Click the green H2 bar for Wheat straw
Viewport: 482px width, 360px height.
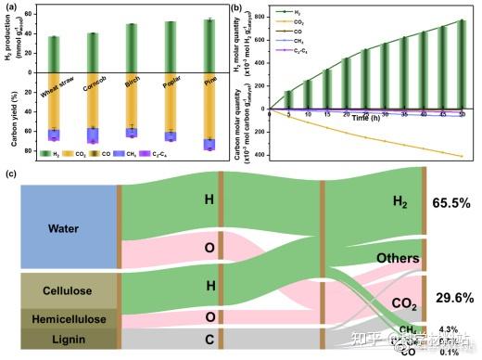click(x=53, y=51)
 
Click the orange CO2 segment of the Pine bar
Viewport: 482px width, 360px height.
click(x=209, y=109)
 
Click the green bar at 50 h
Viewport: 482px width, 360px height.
click(x=461, y=65)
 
